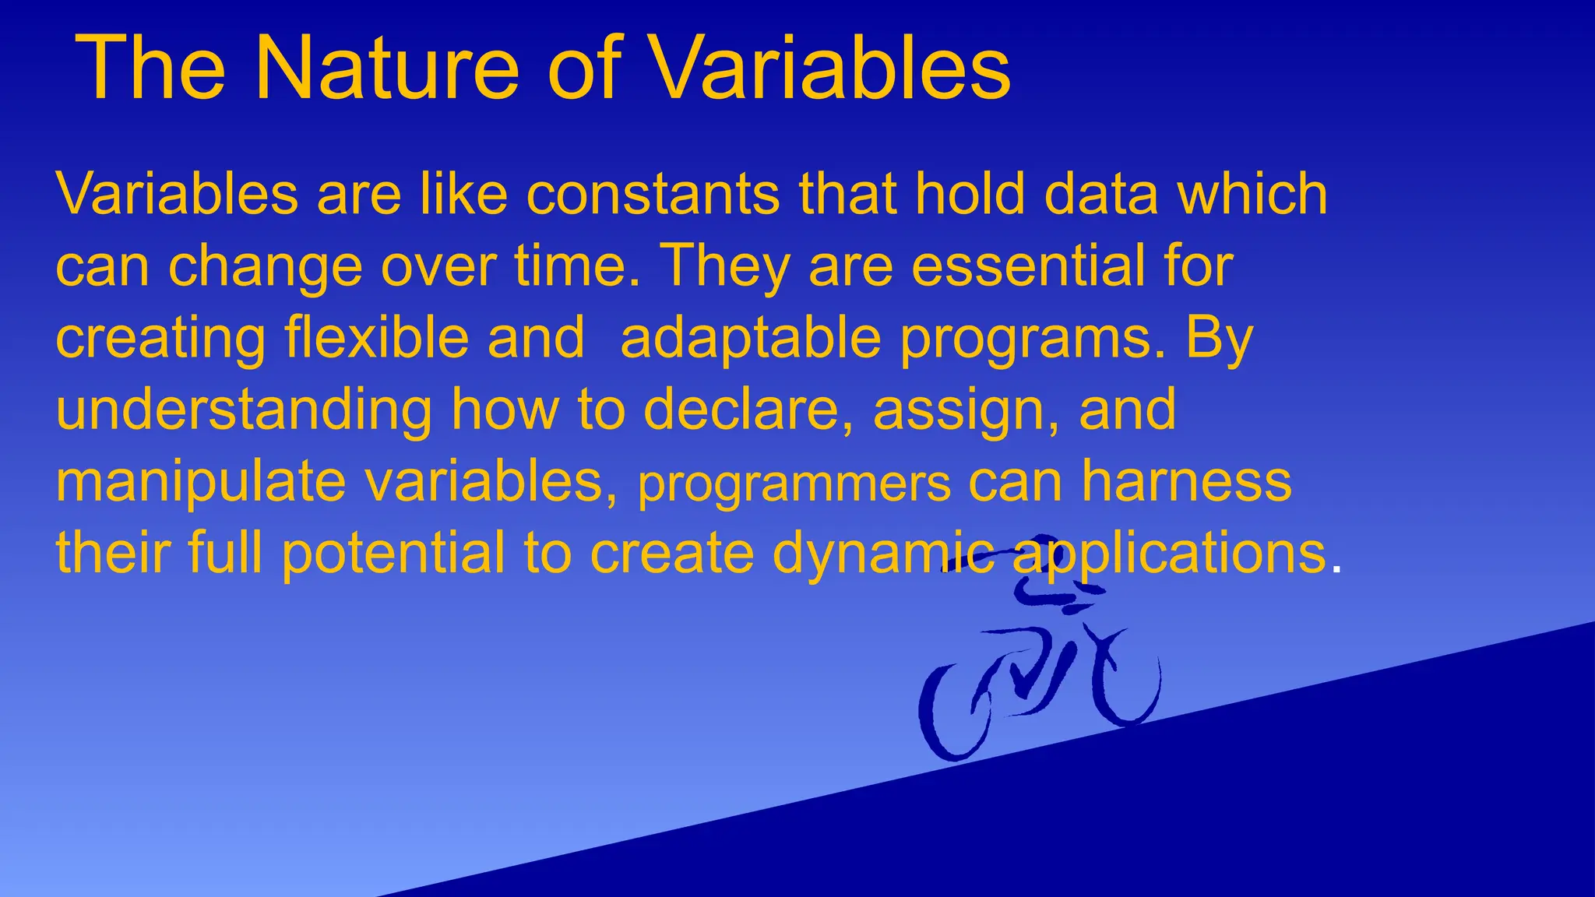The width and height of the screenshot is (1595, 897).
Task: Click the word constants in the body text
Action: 653,195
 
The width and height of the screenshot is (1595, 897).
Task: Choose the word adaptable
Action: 751,339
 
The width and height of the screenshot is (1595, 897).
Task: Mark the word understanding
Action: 244,411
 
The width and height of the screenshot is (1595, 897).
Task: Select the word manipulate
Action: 200,483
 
